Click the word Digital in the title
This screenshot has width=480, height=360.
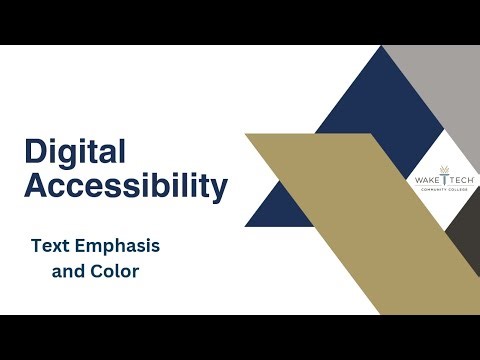(75, 152)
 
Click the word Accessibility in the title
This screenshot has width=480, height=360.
(126, 186)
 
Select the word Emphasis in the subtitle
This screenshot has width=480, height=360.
(120, 245)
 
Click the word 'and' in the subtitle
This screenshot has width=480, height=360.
(67, 270)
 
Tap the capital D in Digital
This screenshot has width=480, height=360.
(35, 152)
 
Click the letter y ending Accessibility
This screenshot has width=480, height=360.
(219, 189)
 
